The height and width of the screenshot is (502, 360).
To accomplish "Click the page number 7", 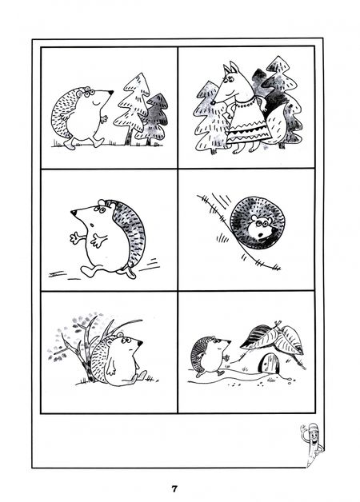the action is pos(174,488).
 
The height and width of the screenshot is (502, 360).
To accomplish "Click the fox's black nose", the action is pos(213,103).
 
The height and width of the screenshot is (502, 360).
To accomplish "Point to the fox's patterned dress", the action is pos(246,121).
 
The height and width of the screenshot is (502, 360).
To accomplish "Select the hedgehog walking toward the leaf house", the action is pos(210,356).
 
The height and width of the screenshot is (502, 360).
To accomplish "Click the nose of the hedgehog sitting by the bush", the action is pos(140,343).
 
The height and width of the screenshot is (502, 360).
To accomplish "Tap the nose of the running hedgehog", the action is pos(74,213).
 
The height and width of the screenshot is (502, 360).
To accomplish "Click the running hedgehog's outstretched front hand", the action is pos(74,238).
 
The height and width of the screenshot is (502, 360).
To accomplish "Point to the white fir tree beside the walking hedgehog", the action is pos(133,108).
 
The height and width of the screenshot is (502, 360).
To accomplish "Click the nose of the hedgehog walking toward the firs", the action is pos(111,92).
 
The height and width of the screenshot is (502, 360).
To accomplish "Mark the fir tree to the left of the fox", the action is pos(210,118).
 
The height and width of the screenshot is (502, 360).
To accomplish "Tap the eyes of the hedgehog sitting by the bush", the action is pos(126,340).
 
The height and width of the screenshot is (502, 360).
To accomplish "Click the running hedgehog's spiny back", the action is pos(130,230).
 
